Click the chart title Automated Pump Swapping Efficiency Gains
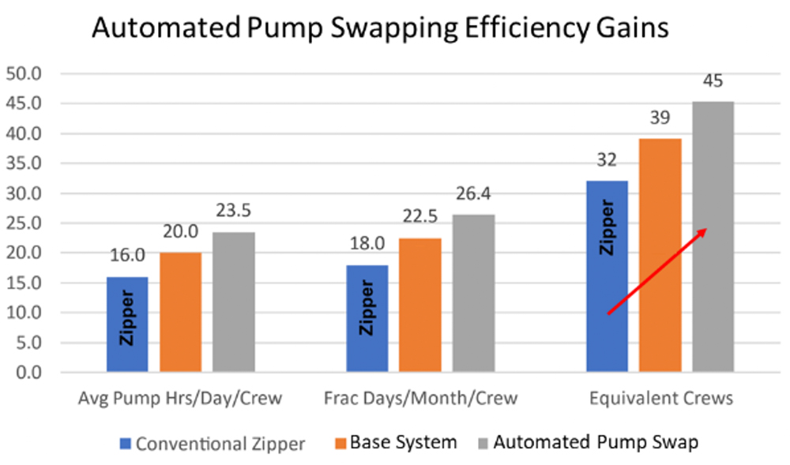(380, 28)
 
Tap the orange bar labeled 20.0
(180, 313)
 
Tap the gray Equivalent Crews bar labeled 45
(713, 237)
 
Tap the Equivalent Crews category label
(660, 399)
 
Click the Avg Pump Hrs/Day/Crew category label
(180, 399)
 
